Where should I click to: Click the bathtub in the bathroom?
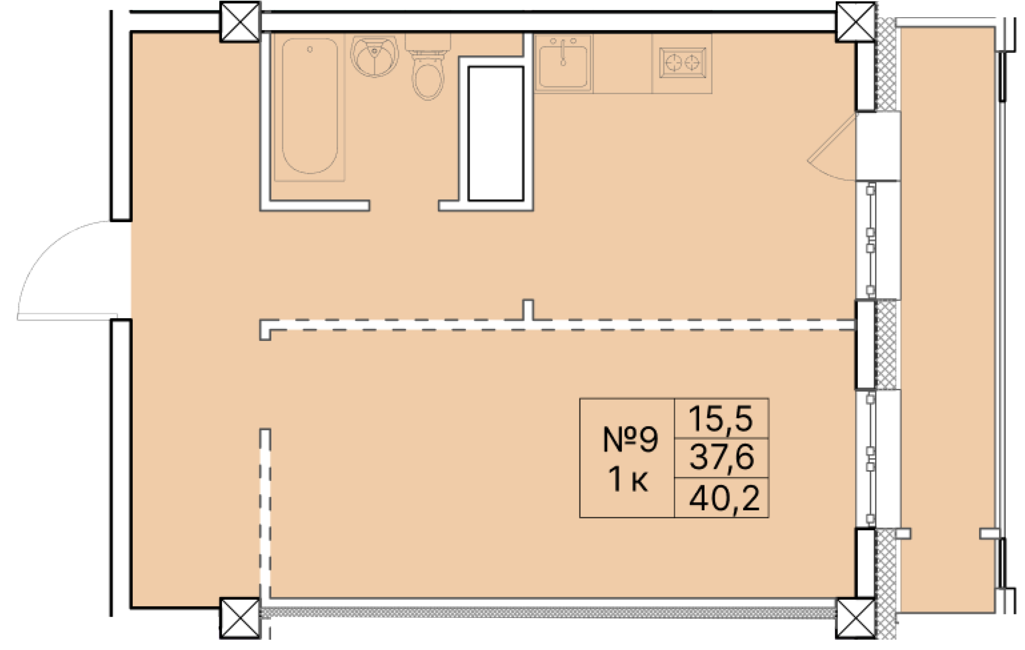[310, 107]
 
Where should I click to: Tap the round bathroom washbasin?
[375, 56]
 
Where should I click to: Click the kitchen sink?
[563, 63]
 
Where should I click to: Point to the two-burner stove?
[682, 63]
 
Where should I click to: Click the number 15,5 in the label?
[721, 418]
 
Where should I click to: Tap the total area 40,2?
[724, 498]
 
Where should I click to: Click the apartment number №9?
[630, 439]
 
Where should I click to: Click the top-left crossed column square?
[240, 22]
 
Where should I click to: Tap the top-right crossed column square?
[855, 22]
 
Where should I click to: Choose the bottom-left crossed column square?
[240, 618]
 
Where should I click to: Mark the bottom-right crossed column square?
[855, 618]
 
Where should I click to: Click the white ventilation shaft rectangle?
[496, 134]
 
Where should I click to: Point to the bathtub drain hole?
[310, 49]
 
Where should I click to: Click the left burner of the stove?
[674, 63]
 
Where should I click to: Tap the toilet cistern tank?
[428, 42]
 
